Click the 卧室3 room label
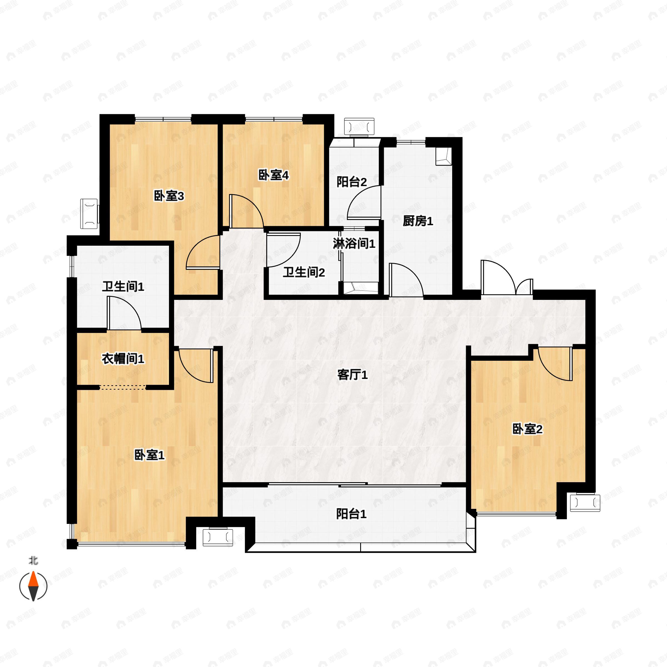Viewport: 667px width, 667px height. coord(169,196)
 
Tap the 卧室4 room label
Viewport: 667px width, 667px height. coord(273,175)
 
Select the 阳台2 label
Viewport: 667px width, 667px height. coord(352,182)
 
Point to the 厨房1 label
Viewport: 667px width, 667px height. coord(418,221)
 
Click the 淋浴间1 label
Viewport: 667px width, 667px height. coord(354,244)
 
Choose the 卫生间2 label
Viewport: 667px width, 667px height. coord(304,273)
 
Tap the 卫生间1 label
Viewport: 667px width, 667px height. coord(123,287)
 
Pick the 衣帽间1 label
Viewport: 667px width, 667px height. coord(123,359)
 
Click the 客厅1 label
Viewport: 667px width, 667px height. coord(352,375)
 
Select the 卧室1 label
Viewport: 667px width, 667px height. coord(150,455)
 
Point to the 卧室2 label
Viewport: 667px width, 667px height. coord(527,429)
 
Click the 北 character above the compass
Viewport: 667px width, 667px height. coord(33,561)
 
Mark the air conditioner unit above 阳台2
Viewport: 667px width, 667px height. coord(359,127)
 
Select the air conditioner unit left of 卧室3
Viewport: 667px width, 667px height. coord(89,214)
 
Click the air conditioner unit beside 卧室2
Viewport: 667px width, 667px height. coord(585,503)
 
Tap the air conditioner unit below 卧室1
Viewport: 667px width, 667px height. coord(218,537)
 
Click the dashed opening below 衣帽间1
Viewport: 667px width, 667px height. coord(123,387)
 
